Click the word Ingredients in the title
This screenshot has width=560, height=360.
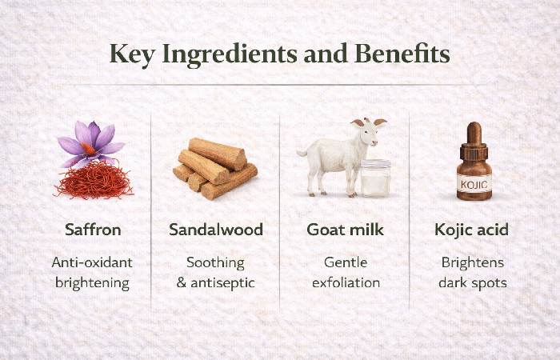click(x=228, y=54)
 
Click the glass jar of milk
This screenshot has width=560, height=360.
click(x=375, y=178)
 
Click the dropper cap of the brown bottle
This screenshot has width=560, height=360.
click(x=474, y=138)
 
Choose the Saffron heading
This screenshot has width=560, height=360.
click(x=93, y=230)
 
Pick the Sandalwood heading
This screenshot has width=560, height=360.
click(x=216, y=230)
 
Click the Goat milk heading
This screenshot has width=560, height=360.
click(x=346, y=230)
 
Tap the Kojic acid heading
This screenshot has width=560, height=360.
click(x=473, y=230)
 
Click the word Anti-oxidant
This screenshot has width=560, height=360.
click(x=93, y=262)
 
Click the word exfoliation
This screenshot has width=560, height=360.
click(x=346, y=282)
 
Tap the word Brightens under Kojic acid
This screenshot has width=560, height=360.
click(x=474, y=262)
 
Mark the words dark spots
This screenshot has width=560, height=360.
click(x=474, y=282)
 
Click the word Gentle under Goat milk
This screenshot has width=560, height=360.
click(x=346, y=262)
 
